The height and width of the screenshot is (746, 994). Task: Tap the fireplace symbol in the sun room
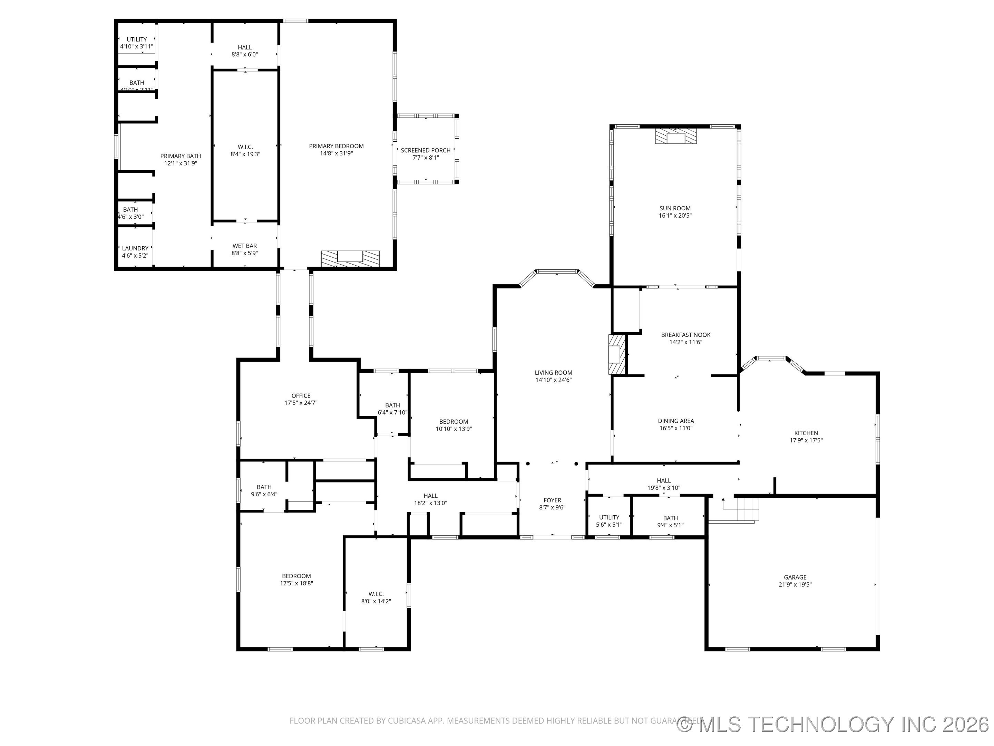[x=675, y=136]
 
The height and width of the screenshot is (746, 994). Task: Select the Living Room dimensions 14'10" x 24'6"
[x=553, y=380]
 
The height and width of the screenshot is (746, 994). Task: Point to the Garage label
[x=795, y=577]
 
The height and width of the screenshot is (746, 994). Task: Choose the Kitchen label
[x=806, y=433]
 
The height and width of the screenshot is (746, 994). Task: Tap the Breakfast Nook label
[x=685, y=335]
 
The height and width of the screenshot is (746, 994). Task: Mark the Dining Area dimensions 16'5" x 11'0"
[x=675, y=428]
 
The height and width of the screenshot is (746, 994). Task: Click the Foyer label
[x=552, y=500]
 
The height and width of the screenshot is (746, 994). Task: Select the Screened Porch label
[x=425, y=150]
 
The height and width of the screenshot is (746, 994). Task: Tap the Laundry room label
[x=135, y=248]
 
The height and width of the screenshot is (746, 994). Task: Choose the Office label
[x=301, y=396]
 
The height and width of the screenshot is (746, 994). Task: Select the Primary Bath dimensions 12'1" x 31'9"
[x=181, y=163]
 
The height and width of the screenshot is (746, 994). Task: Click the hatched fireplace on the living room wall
[x=616, y=354]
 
